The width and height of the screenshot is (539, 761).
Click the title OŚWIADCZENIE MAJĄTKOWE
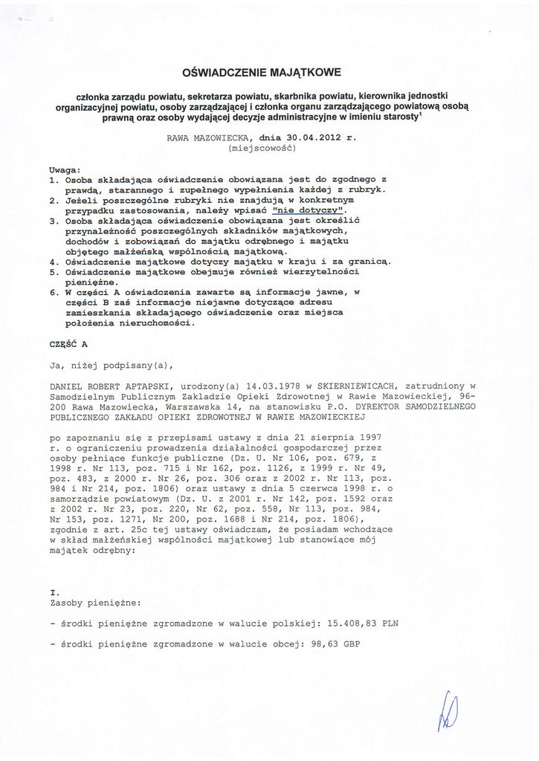[x=262, y=73]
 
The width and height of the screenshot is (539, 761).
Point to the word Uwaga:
[x=65, y=169]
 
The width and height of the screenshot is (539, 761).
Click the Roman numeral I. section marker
[x=54, y=592]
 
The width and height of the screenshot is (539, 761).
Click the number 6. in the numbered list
[x=54, y=293]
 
